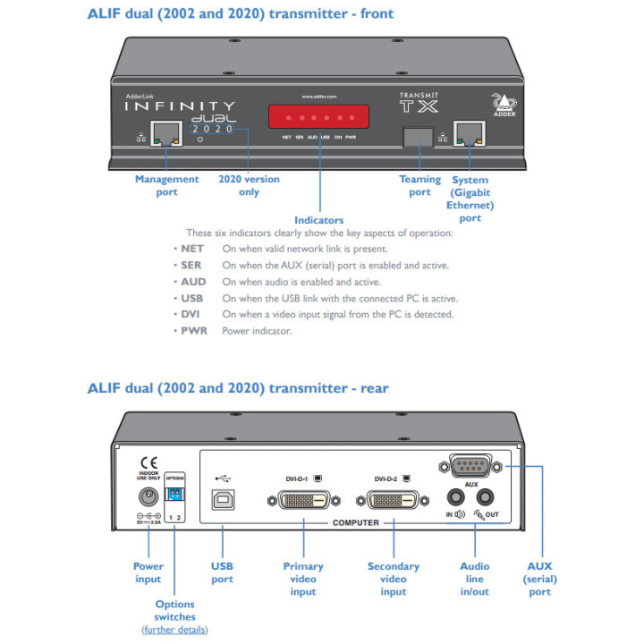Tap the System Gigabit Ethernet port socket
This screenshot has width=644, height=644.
point(469,135)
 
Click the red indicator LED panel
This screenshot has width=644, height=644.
point(319,117)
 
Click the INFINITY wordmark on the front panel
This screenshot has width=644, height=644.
point(179,106)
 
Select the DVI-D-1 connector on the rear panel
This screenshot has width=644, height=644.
point(303,500)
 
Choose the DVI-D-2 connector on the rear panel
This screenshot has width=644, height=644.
point(393,500)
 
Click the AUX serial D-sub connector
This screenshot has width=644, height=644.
point(471,466)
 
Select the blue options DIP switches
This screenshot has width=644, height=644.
point(175,495)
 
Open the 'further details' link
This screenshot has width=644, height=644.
point(174,630)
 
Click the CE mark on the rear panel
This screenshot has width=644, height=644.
point(148,464)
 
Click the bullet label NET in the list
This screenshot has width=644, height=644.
point(192,250)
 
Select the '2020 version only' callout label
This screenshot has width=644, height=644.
point(249,185)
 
